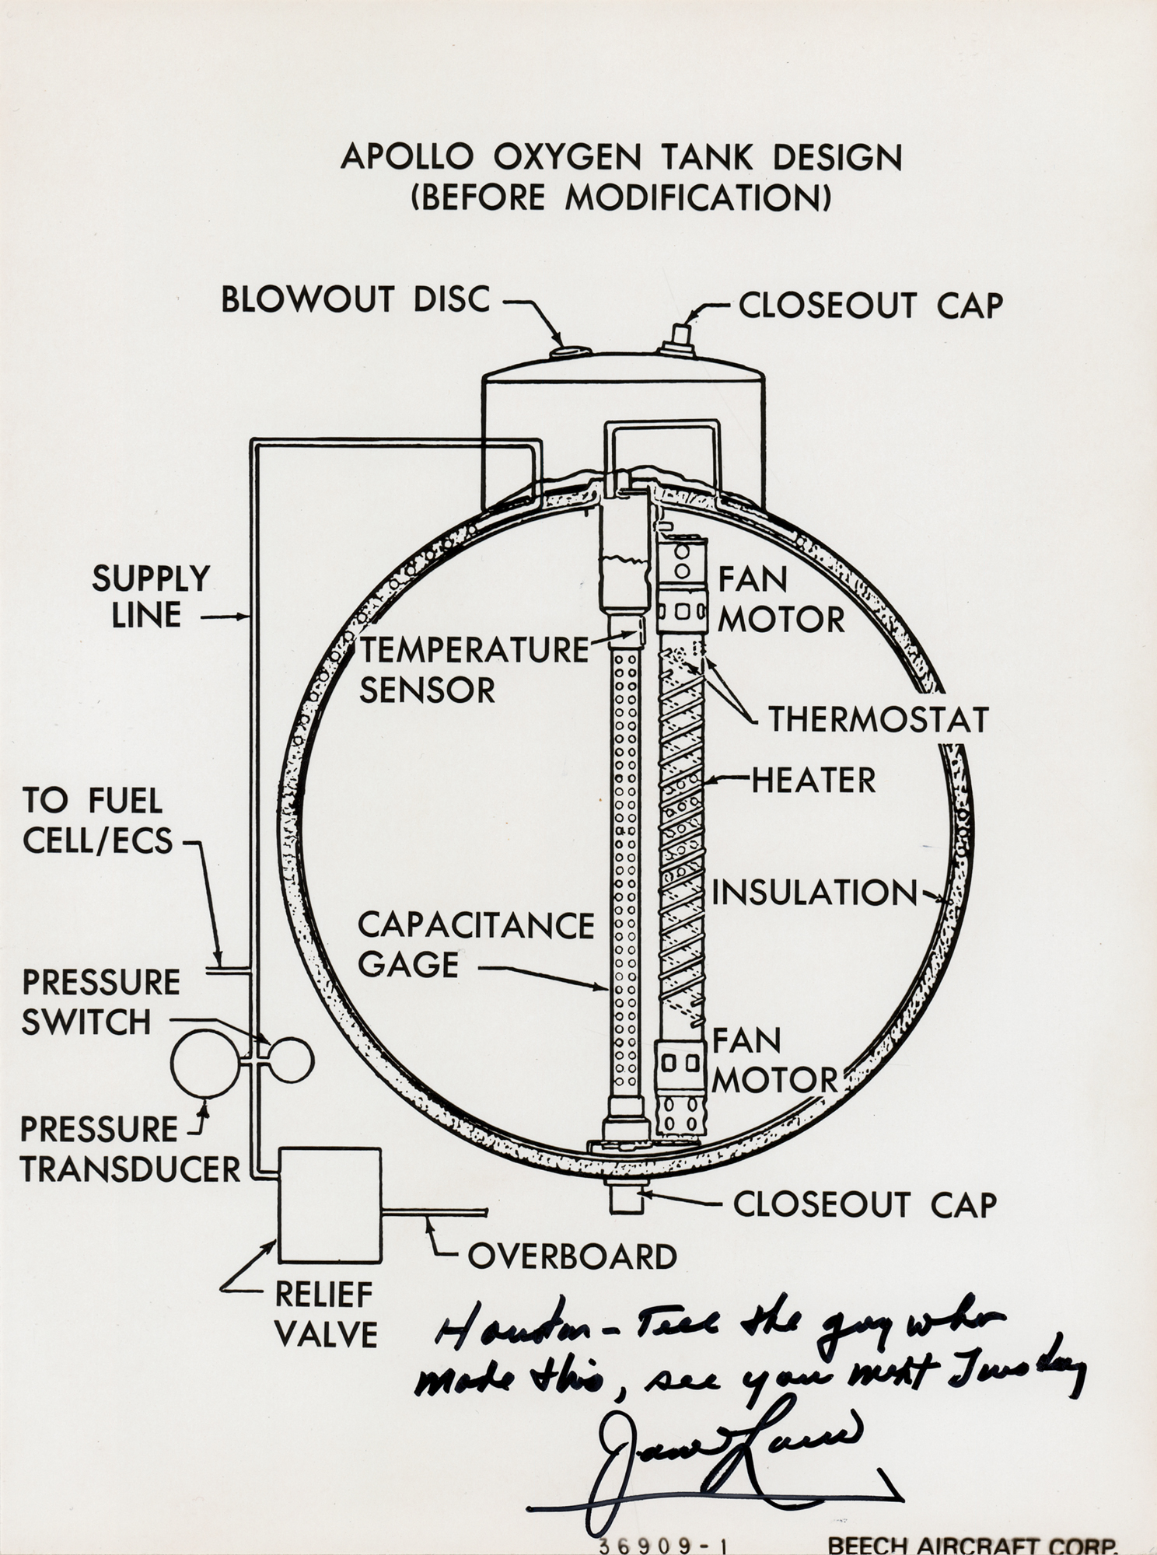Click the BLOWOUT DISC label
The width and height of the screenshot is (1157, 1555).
tap(355, 300)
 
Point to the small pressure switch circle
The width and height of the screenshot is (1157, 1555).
tap(289, 1060)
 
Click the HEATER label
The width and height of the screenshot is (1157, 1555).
tap(813, 781)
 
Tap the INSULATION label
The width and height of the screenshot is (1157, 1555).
tap(814, 893)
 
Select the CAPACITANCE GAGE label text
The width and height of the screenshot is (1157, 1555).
tap(475, 945)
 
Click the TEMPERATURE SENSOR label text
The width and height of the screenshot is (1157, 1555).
tap(474, 669)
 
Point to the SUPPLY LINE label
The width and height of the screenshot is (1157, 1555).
tap(150, 596)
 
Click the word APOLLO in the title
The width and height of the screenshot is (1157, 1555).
tap(406, 158)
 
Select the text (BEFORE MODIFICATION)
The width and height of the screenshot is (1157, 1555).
tap(620, 198)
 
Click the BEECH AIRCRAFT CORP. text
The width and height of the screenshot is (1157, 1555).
tap(971, 1544)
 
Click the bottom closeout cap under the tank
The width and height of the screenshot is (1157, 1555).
tap(624, 1200)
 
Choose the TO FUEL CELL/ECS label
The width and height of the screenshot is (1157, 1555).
tap(96, 821)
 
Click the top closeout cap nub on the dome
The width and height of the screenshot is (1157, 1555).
tap(680, 340)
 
